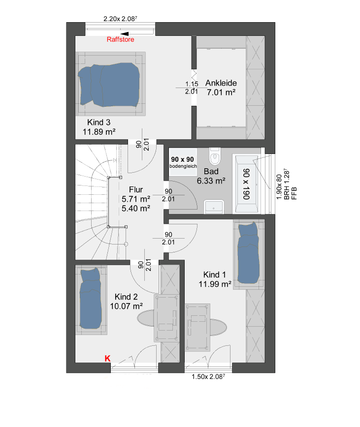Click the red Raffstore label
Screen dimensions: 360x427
(120, 39)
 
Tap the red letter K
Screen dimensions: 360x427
(108, 358)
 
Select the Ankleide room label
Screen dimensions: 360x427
(221, 83)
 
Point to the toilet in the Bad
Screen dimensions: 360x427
(215, 156)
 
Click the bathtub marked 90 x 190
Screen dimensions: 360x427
(247, 184)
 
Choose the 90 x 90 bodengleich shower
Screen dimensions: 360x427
(183, 162)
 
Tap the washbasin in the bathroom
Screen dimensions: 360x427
(214, 207)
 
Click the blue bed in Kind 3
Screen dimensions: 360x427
(109, 85)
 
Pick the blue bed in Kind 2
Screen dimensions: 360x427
(90, 299)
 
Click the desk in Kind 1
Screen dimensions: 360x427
(197, 327)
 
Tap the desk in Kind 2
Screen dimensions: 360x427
(166, 318)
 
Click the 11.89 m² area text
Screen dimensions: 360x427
(99, 132)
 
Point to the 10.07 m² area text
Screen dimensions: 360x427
(126, 306)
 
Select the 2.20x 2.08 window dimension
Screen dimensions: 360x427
(120, 19)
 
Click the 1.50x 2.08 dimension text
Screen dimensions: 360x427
(208, 377)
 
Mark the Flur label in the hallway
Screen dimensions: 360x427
(136, 189)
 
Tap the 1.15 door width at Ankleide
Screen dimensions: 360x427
(192, 84)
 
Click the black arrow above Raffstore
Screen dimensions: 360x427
(124, 34)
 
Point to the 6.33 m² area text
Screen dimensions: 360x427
(211, 181)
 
